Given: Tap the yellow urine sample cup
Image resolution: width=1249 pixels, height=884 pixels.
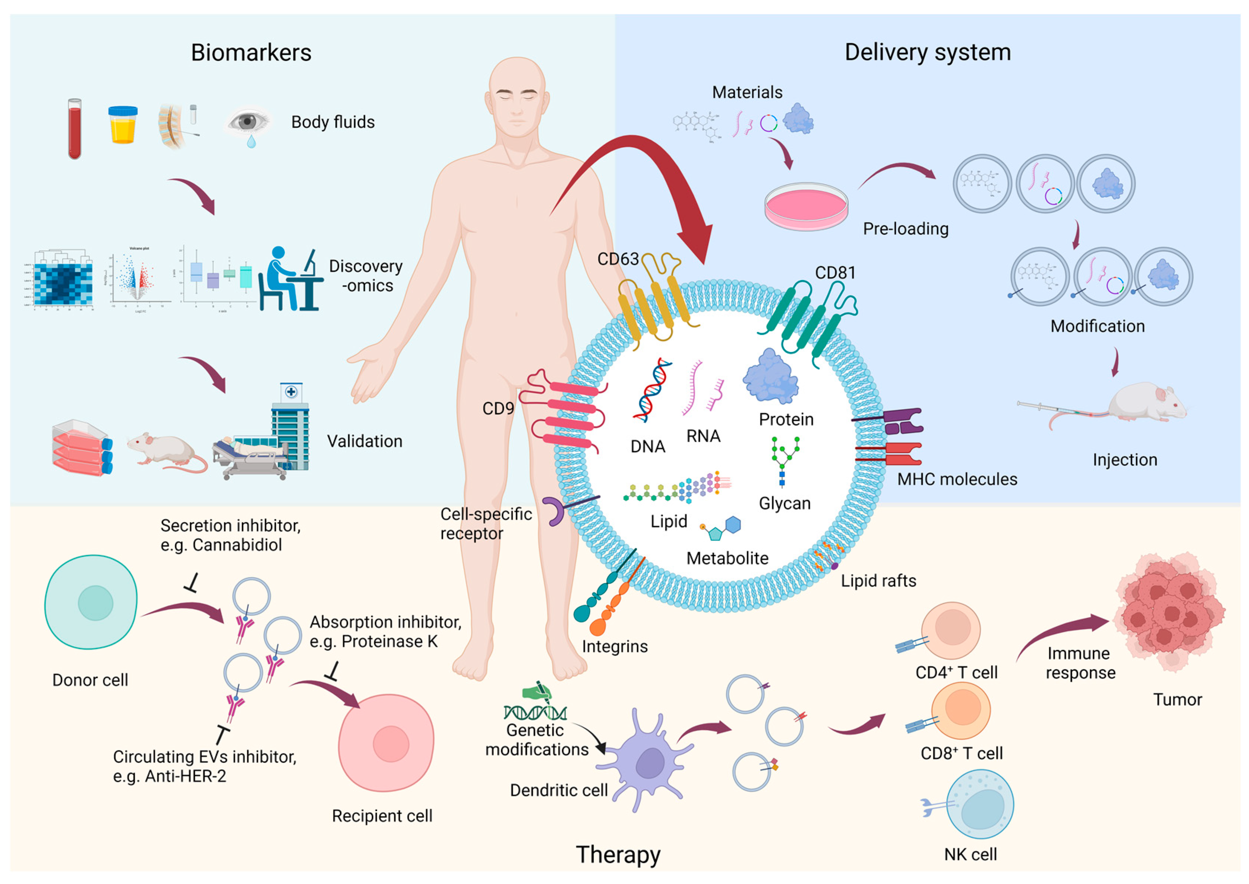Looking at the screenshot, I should (x=123, y=125).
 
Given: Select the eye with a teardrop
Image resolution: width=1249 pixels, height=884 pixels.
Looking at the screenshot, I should (x=248, y=123).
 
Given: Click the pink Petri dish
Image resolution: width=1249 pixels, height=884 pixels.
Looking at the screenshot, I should (x=805, y=206).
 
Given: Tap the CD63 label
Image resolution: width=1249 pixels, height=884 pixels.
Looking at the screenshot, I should (x=618, y=259).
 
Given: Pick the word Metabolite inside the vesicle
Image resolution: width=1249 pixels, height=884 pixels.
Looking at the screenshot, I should (x=727, y=558).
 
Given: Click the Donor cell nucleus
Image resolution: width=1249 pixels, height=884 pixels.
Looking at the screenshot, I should (x=95, y=603).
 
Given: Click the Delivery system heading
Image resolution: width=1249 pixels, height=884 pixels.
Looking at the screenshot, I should (x=927, y=53).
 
